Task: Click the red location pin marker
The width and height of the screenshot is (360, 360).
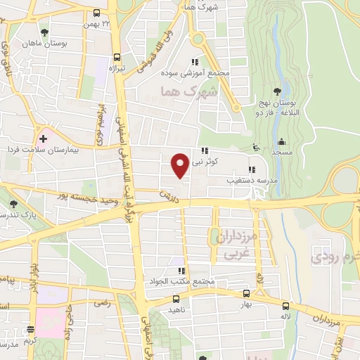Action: (x=181, y=165)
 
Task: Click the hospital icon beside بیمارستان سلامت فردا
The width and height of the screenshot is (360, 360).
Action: (x=44, y=138)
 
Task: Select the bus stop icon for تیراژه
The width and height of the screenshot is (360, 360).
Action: (x=116, y=58)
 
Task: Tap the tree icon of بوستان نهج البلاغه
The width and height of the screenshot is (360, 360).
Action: (x=278, y=91)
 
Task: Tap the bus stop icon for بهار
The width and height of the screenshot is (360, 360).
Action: (x=246, y=294)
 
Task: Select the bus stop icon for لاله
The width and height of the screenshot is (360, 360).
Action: (x=285, y=306)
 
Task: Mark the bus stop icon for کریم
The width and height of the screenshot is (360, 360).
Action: (x=30, y=329)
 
